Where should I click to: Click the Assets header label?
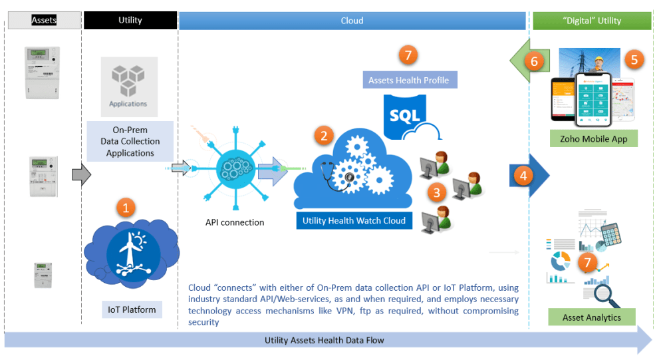point(45,21)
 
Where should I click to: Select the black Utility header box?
point(130,21)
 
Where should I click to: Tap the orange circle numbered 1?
point(127,207)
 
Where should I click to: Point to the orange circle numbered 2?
point(324,136)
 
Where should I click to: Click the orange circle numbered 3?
point(436,194)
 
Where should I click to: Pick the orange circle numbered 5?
point(634,59)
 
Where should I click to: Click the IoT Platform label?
point(132,309)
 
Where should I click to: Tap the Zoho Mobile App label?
point(594,138)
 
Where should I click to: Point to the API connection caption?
point(235,222)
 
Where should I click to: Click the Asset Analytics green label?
point(592,317)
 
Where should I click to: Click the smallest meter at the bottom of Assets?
point(44,274)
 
